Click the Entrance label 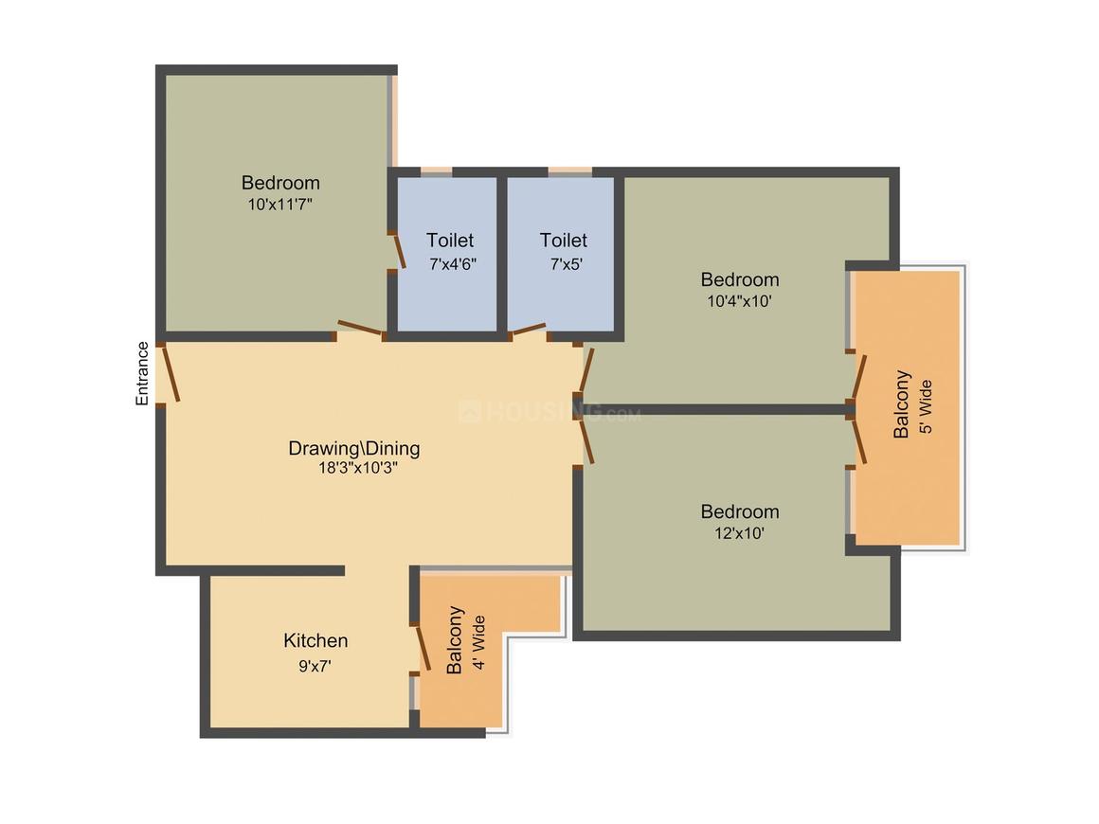coord(142,373)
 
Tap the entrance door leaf coord(169,373)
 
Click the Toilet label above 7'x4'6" coord(450,241)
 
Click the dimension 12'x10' coord(739,533)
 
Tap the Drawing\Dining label coord(354,448)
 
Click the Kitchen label coord(315,641)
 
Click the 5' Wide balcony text coord(927,406)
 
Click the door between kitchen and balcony coord(423,647)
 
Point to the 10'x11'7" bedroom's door coord(361,329)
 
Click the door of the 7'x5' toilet coord(528,330)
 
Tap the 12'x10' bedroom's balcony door coord(859,440)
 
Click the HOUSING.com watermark coord(549,412)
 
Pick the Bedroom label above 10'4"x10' coord(740,279)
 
